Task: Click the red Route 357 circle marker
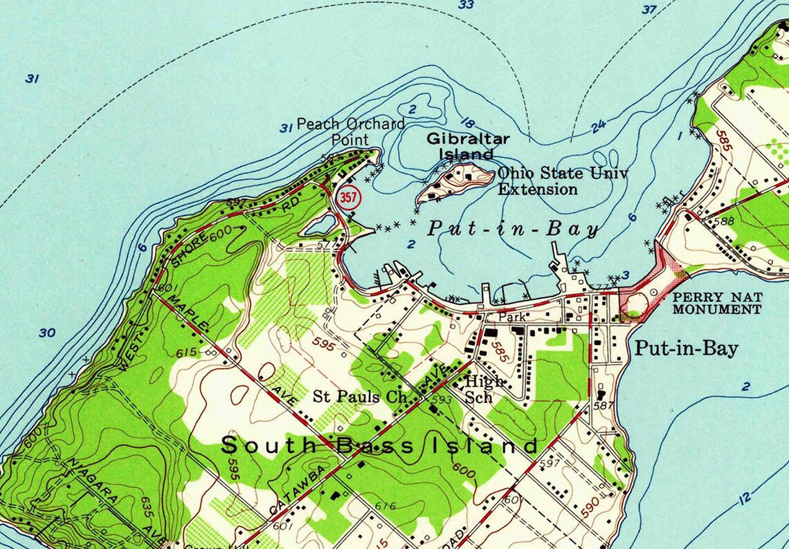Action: click(x=349, y=198)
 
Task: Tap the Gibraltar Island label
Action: click(x=467, y=146)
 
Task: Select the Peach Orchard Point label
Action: click(x=350, y=131)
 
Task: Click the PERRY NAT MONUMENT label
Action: click(x=717, y=303)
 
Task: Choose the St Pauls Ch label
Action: click(x=362, y=397)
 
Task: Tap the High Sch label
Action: click(x=484, y=389)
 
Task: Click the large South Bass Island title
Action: click(x=379, y=445)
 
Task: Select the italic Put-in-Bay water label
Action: click(x=512, y=230)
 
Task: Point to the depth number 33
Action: click(x=466, y=6)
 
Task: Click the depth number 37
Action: click(x=649, y=10)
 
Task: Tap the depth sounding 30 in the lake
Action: click(x=46, y=333)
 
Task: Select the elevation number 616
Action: click(x=385, y=506)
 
